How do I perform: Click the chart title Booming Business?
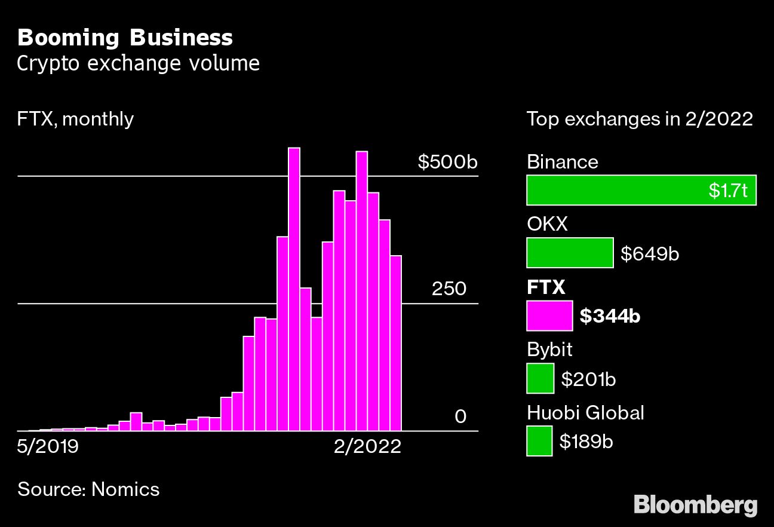pyautogui.click(x=125, y=38)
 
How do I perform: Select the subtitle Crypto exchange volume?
pyautogui.click(x=138, y=63)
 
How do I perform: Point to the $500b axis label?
pyautogui.click(x=447, y=162)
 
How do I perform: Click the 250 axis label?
pyautogui.click(x=449, y=289)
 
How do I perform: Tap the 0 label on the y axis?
pyautogui.click(x=460, y=416)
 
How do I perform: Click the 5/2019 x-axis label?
pyautogui.click(x=48, y=447)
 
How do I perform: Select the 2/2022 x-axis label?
pyautogui.click(x=367, y=447)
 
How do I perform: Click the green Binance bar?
pyautogui.click(x=641, y=190)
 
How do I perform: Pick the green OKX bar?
pyautogui.click(x=570, y=253)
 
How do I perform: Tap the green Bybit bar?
pyautogui.click(x=540, y=378)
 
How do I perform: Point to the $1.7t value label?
pyautogui.click(x=728, y=191)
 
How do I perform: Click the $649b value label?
pyautogui.click(x=650, y=254)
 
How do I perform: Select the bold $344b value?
pyautogui.click(x=610, y=316)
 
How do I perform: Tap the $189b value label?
pyautogui.click(x=586, y=442)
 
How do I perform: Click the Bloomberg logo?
pyautogui.click(x=695, y=504)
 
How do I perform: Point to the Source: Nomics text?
pyautogui.click(x=88, y=489)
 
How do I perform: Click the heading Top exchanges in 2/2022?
pyautogui.click(x=639, y=119)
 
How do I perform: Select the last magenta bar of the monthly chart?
pyautogui.click(x=395, y=343)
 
